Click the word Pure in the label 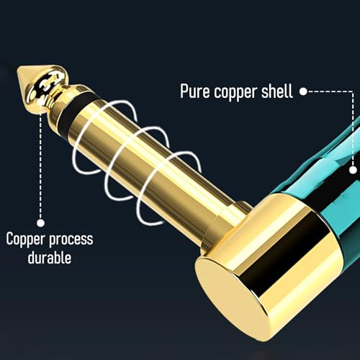194,91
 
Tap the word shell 276,91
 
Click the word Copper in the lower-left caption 25,240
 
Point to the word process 71,240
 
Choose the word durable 50,258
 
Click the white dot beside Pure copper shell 303,91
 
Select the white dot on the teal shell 353,170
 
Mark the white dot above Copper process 41,222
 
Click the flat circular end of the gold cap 233,297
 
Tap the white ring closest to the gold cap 140,211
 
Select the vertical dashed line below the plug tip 40,166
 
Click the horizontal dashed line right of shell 330,91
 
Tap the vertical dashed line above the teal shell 353,128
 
